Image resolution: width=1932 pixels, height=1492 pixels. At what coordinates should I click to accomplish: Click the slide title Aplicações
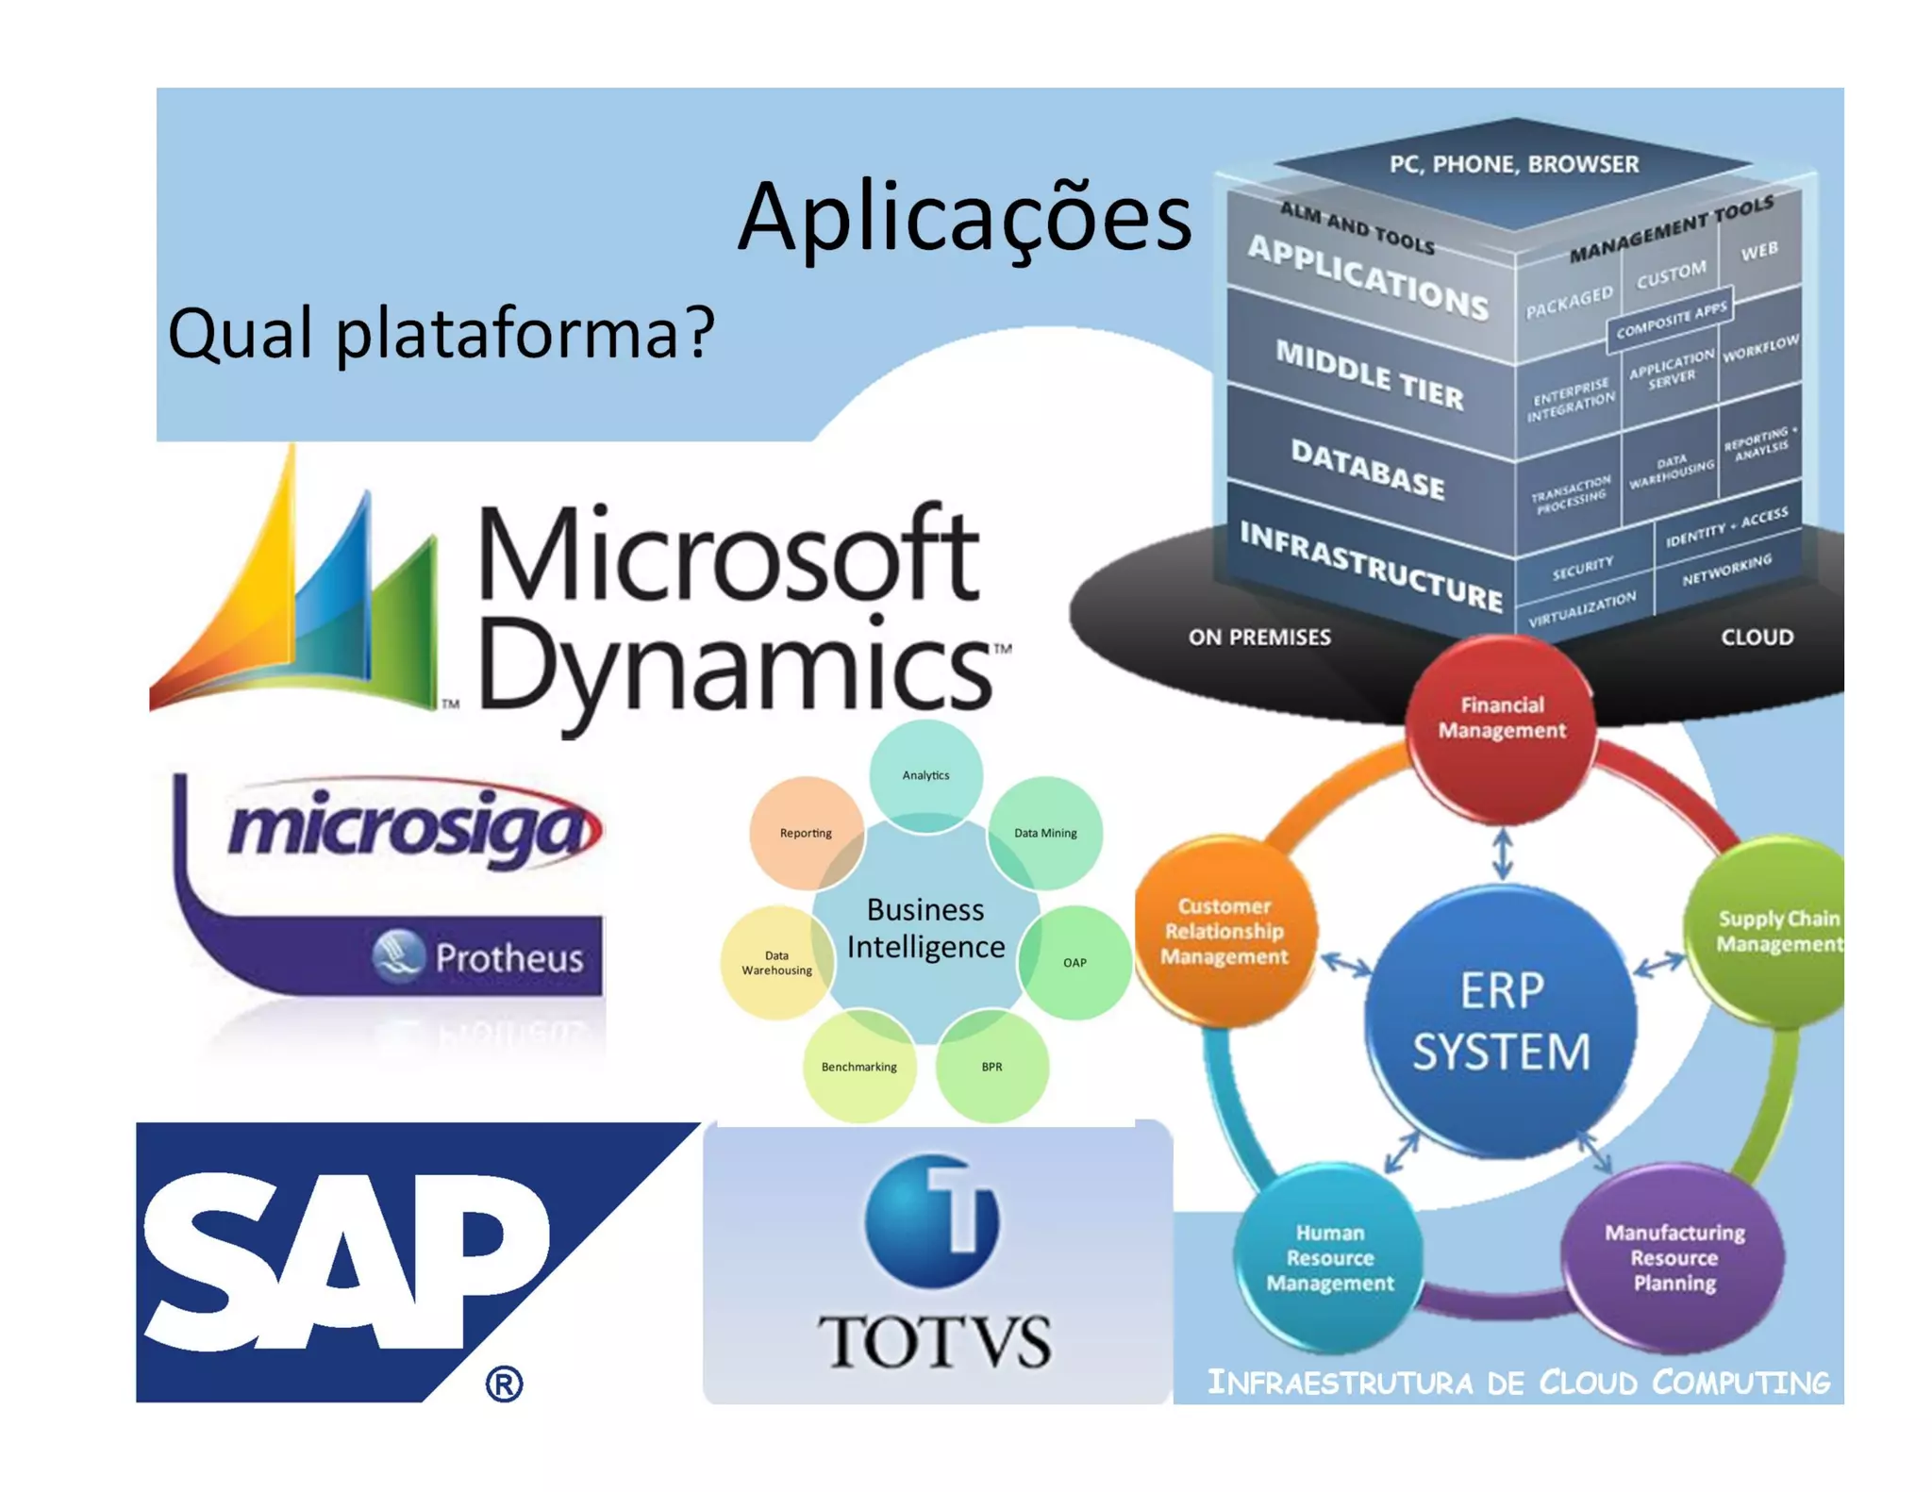click(963, 219)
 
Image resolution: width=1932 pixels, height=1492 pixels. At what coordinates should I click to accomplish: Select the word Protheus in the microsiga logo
click(508, 957)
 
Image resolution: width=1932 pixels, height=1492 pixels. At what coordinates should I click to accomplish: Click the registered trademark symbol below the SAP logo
click(504, 1384)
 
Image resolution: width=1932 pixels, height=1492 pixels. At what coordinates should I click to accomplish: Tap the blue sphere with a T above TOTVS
click(931, 1221)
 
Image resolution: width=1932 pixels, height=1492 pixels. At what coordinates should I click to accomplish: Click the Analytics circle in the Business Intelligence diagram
click(925, 775)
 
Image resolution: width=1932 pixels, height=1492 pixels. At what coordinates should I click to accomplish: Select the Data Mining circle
click(1045, 833)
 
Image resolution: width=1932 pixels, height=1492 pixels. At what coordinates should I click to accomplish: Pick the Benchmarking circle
click(858, 1067)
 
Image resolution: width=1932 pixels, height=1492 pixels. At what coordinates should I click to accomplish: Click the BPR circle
click(991, 1067)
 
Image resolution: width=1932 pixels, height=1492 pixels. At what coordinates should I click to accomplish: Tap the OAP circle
click(1075, 962)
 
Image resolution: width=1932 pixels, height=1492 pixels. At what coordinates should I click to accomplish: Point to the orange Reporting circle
click(806, 833)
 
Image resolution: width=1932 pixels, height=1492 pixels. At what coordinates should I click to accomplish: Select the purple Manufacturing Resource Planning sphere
click(1674, 1257)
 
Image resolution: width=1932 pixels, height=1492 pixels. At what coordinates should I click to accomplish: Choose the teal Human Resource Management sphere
click(1329, 1257)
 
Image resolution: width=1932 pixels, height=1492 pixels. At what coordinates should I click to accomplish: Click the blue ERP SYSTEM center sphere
click(1501, 1021)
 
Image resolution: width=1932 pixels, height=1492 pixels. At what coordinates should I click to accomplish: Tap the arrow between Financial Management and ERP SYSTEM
click(1503, 854)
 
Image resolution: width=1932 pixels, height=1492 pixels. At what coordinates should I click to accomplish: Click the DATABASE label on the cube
click(1367, 469)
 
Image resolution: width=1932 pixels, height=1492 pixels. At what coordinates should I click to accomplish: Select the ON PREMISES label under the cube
click(1259, 638)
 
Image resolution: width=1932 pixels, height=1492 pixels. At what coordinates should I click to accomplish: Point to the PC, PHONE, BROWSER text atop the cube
click(1513, 164)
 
